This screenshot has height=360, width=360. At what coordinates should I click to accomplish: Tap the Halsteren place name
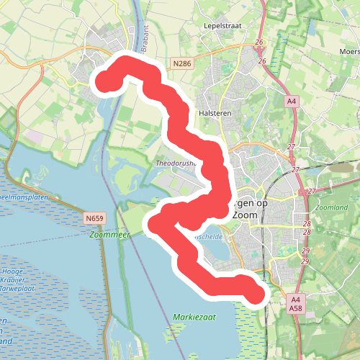pos(212,114)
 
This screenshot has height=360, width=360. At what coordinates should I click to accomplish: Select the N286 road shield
pos(182,65)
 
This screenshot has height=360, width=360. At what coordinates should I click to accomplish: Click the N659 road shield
pos(94,218)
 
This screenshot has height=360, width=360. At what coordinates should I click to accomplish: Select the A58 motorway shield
pos(296,308)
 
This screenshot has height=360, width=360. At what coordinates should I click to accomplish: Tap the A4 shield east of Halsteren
pos(291,102)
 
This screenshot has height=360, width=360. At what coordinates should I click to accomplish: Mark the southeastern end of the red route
pos(256,293)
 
